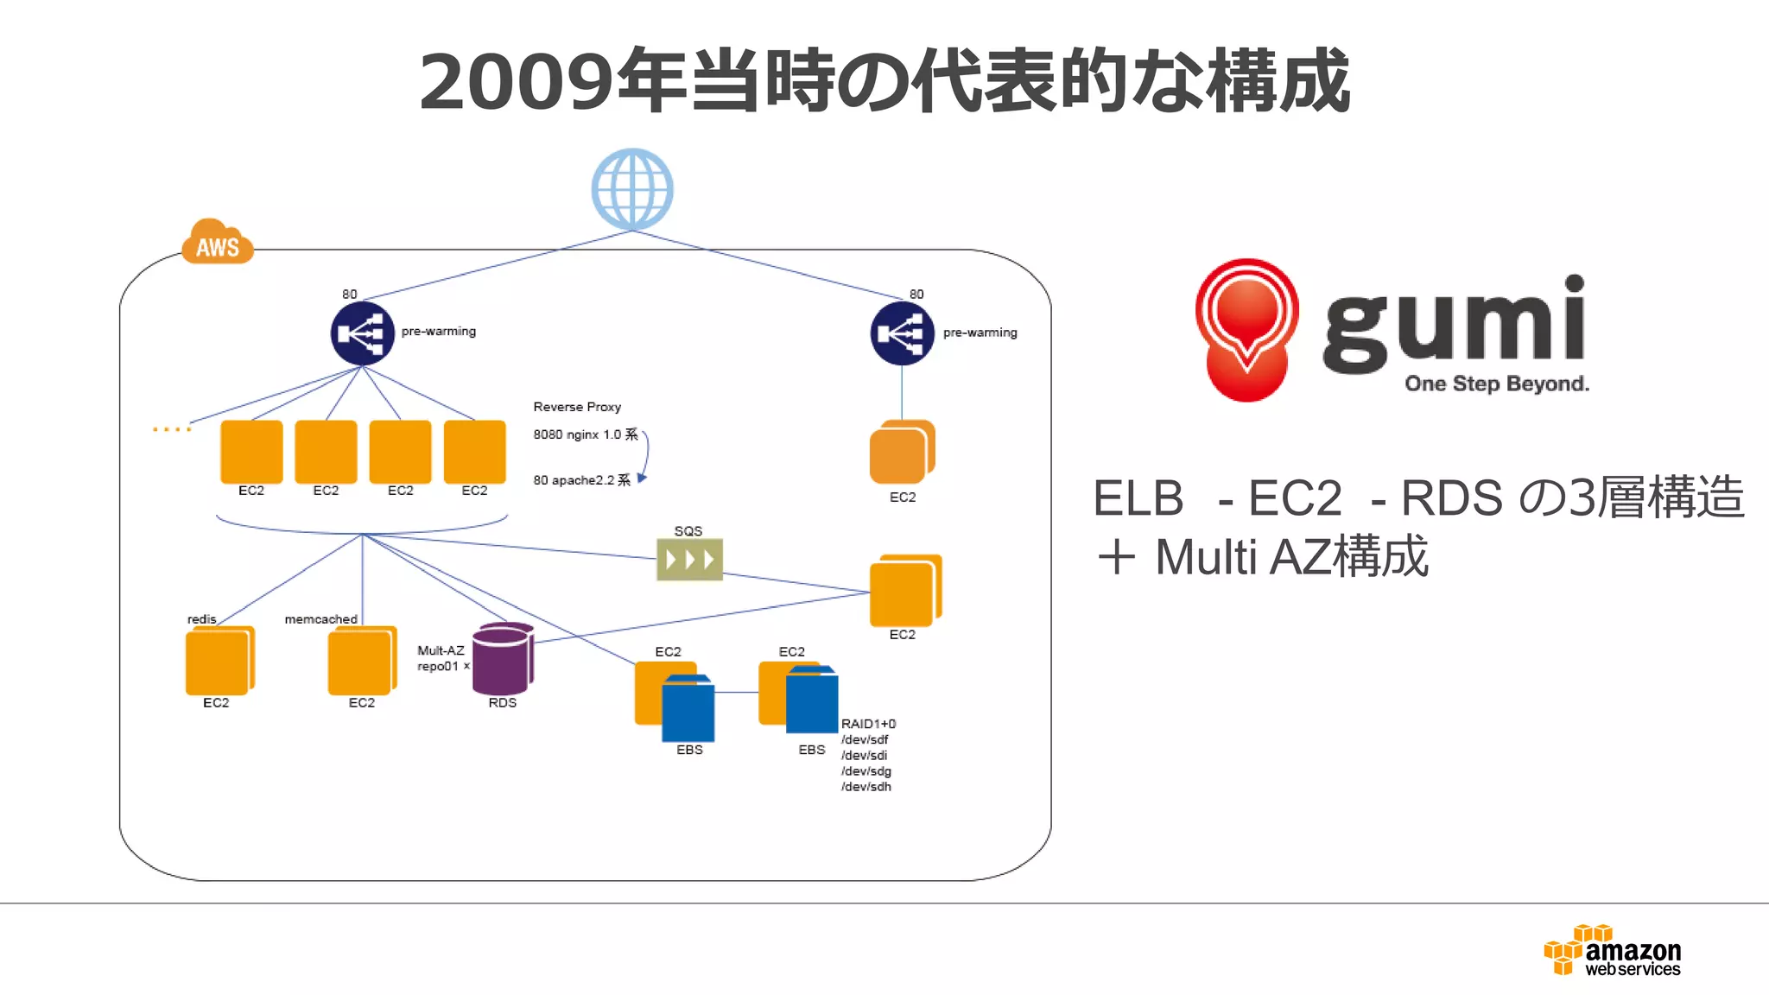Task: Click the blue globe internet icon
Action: click(x=632, y=189)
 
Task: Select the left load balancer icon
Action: click(x=363, y=333)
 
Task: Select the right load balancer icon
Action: click(x=902, y=333)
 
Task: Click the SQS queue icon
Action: click(x=689, y=560)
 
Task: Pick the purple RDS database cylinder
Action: click(x=502, y=659)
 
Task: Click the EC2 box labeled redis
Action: click(x=219, y=661)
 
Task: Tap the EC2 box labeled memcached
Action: click(x=362, y=661)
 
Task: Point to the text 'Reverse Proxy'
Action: click(x=577, y=407)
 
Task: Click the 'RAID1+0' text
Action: click(x=868, y=724)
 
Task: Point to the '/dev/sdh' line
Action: click(x=866, y=787)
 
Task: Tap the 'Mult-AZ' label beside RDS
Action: click(x=441, y=650)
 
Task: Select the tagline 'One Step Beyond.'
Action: click(x=1496, y=383)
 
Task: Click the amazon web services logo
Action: click(x=1613, y=950)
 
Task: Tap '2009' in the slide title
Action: click(x=517, y=82)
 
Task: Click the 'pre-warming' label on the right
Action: click(x=980, y=333)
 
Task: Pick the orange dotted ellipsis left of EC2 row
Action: click(x=172, y=429)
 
